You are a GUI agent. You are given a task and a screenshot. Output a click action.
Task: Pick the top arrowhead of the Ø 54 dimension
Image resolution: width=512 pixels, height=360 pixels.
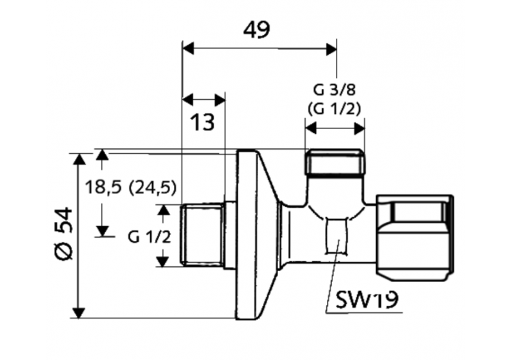[x=80, y=158]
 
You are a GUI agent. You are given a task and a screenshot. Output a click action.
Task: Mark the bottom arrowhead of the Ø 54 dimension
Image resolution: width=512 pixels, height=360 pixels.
[x=80, y=312]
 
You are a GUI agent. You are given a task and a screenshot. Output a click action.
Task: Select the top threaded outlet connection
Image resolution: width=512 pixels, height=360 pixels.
[x=334, y=163]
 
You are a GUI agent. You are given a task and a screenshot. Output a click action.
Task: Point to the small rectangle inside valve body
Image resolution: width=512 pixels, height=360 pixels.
[x=337, y=235]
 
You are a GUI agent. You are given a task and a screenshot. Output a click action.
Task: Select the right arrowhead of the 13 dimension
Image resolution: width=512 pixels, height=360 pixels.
[x=220, y=100]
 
